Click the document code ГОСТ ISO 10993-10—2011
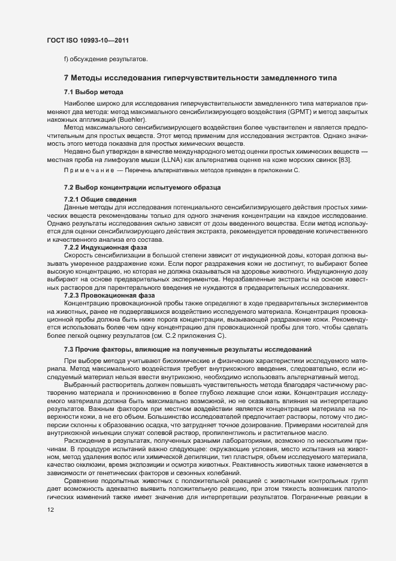pyautogui.click(x=87, y=40)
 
